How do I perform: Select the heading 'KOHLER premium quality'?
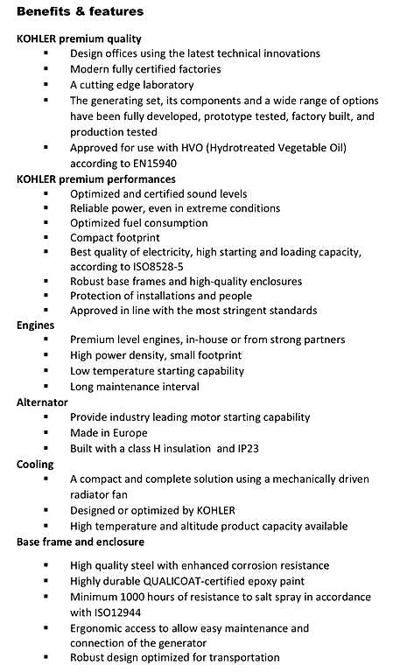point(79,38)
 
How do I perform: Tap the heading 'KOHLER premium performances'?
point(96,178)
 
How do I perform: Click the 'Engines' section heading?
point(36,324)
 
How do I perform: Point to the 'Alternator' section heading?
point(43,402)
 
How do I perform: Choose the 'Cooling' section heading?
point(35,464)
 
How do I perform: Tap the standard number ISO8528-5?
point(153,266)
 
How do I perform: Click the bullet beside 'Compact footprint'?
point(45,236)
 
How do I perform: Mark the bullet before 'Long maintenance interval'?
point(45,386)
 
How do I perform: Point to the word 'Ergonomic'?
point(100,627)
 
